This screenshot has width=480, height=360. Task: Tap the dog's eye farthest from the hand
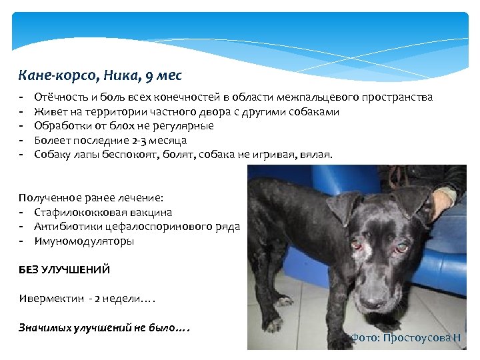coord(365,249)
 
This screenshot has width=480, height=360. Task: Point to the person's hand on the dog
coord(443,198)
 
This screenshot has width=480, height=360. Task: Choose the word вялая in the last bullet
coord(315,155)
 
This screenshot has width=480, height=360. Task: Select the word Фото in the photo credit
coord(364,338)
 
